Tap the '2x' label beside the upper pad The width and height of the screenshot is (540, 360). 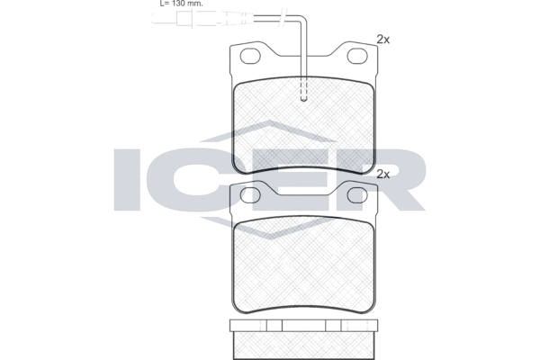(383, 40)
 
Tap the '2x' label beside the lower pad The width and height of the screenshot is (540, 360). (383, 175)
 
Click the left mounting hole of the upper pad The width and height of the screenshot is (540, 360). (250, 56)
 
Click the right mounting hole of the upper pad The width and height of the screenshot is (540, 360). (357, 56)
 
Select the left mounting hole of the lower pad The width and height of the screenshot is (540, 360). (250, 195)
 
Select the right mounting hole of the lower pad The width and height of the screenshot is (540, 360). (357, 195)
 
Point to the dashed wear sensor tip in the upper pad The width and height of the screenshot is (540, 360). (304, 89)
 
